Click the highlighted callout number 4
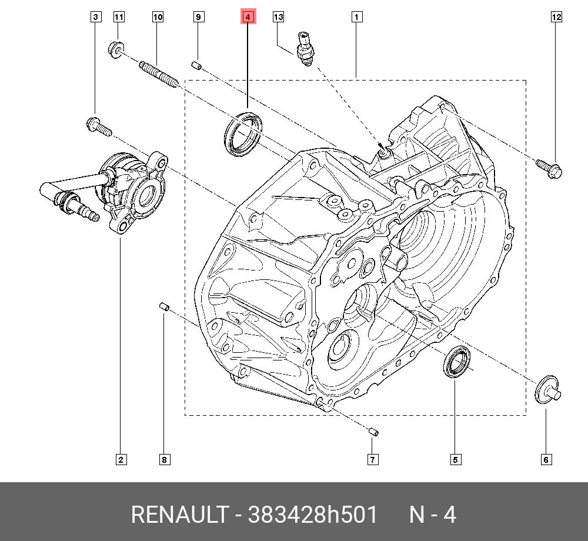pyautogui.click(x=248, y=17)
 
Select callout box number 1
pyautogui.click(x=356, y=17)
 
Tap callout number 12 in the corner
pyautogui.click(x=556, y=17)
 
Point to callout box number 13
pyautogui.click(x=278, y=17)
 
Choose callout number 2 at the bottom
pyautogui.click(x=121, y=459)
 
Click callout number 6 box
pyautogui.click(x=546, y=459)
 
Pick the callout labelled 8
pyautogui.click(x=164, y=459)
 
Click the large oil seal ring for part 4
pyautogui.click(x=243, y=133)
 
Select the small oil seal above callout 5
pyautogui.click(x=457, y=363)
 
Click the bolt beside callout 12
pyautogui.click(x=549, y=168)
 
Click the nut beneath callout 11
pyautogui.click(x=115, y=49)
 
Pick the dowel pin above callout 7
pyautogui.click(x=373, y=432)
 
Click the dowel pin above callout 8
pyautogui.click(x=165, y=306)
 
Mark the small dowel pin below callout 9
pyautogui.click(x=198, y=65)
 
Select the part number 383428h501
pyautogui.click(x=313, y=515)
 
